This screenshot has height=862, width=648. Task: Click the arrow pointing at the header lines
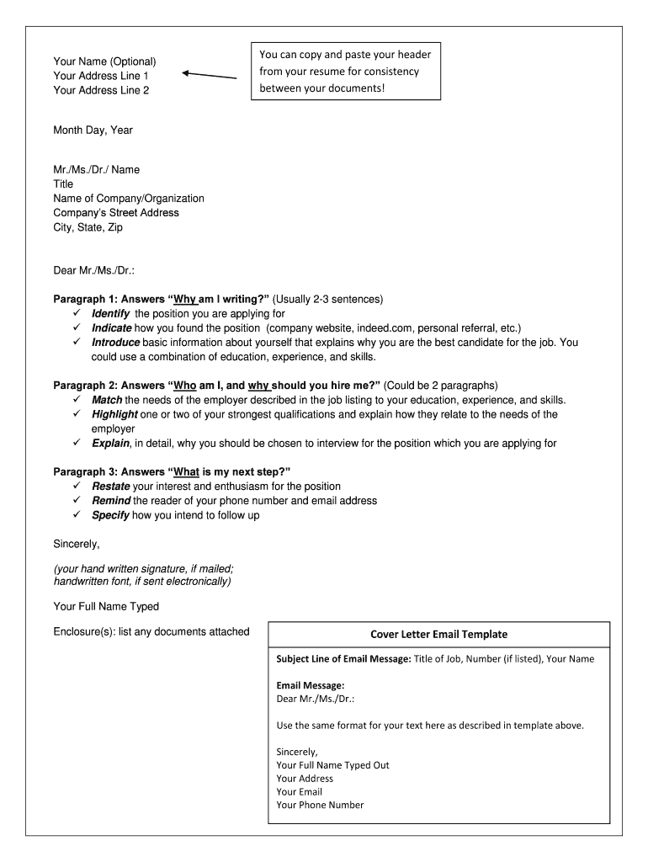tap(209, 75)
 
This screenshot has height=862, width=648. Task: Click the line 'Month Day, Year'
tap(93, 130)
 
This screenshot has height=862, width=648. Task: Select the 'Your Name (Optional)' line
tap(104, 61)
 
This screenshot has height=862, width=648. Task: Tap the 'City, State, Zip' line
tap(88, 227)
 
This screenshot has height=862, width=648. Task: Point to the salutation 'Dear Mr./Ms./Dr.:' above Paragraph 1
tap(93, 270)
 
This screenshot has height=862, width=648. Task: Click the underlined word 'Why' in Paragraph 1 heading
tap(185, 299)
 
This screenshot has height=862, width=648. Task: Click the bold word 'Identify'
tap(111, 313)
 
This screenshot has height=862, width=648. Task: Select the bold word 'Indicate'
tap(112, 327)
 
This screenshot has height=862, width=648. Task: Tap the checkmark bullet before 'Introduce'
tap(76, 343)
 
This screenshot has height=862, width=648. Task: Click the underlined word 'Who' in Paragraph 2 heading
tap(185, 386)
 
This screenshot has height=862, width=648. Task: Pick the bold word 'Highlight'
tap(115, 414)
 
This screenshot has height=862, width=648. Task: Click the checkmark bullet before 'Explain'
tap(76, 443)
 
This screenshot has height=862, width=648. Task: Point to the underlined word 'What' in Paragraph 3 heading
tap(186, 471)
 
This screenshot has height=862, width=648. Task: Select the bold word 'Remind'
tap(111, 500)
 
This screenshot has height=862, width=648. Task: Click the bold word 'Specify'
tap(110, 514)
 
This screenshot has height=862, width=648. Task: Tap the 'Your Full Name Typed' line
tap(106, 606)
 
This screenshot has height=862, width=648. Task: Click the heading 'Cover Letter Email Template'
tap(438, 634)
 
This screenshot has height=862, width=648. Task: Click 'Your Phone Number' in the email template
tap(320, 805)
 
